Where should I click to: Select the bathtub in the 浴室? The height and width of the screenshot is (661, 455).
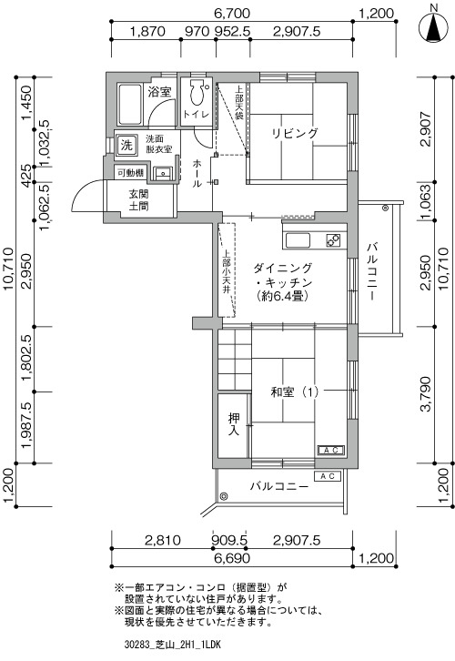click(x=130, y=105)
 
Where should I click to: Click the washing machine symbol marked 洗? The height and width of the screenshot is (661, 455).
click(x=126, y=146)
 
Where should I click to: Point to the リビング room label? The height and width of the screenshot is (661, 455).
click(x=294, y=133)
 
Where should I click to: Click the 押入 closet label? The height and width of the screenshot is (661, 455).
click(x=234, y=424)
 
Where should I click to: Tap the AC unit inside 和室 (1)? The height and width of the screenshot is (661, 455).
click(x=330, y=450)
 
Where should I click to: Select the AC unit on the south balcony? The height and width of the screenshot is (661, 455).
click(x=328, y=476)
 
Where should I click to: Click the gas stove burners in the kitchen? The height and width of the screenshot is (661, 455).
click(x=333, y=240)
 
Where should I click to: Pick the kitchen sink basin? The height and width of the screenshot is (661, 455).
click(x=298, y=240)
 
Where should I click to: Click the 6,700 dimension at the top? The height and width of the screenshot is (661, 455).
click(x=232, y=14)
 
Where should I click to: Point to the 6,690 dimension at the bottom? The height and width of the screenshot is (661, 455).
click(x=232, y=558)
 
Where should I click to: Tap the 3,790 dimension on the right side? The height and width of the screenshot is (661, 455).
click(x=426, y=394)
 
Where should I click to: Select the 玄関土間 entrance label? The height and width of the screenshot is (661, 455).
click(x=138, y=200)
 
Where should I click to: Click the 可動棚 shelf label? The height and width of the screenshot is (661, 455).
click(x=131, y=173)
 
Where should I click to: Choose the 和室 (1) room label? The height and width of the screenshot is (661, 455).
click(x=295, y=392)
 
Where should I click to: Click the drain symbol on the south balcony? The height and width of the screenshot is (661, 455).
click(x=223, y=495)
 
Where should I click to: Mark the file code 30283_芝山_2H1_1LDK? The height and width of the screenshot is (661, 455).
click(x=173, y=645)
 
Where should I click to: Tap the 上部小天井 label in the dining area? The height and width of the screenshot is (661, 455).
click(x=227, y=272)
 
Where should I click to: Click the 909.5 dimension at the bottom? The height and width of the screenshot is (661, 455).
click(x=230, y=540)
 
